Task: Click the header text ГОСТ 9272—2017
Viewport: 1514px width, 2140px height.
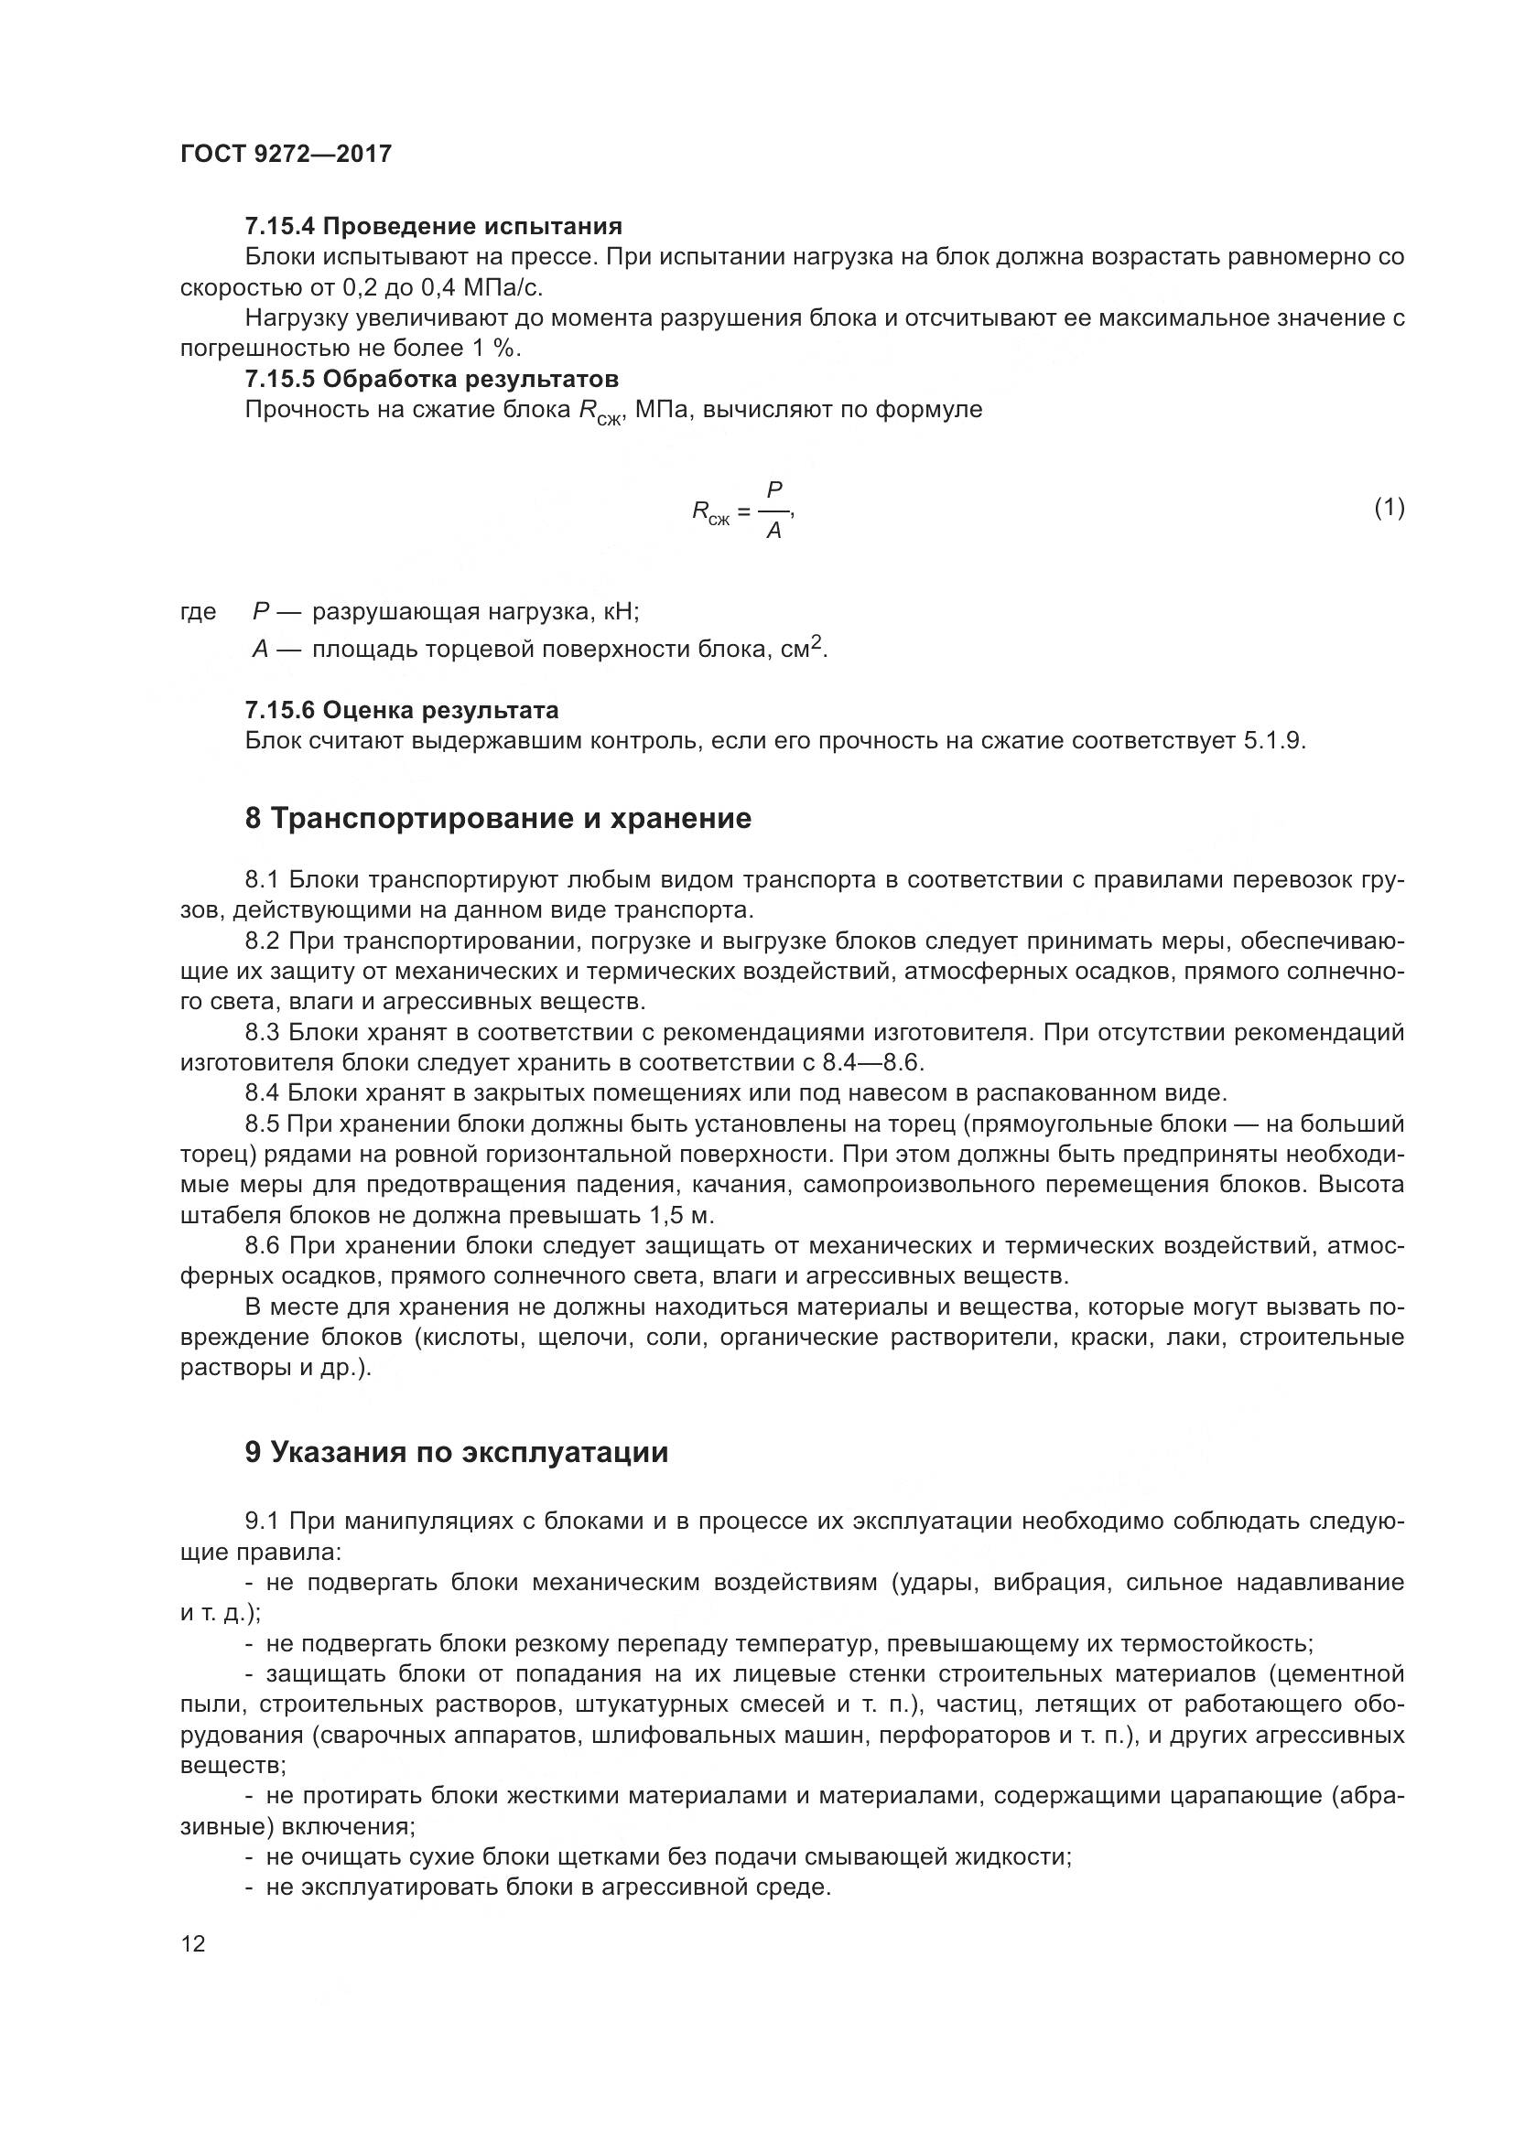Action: pyautogui.click(x=286, y=154)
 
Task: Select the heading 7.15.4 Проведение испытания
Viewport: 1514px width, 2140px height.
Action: pyautogui.click(x=434, y=226)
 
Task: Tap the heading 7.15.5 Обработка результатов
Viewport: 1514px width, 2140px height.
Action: pyautogui.click(x=432, y=379)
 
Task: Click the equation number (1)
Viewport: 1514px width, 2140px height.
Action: pyautogui.click(x=1390, y=508)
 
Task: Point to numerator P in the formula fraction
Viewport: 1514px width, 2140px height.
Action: pyautogui.click(x=773, y=489)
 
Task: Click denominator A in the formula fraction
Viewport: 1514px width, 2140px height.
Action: pyautogui.click(x=773, y=532)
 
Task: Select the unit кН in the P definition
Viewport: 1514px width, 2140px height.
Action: pyautogui.click(x=621, y=611)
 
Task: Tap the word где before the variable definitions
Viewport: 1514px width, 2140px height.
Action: pyautogui.click(x=198, y=611)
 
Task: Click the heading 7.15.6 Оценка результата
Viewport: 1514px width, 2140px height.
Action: pyautogui.click(x=402, y=709)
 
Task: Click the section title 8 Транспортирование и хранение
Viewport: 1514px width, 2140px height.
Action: pyautogui.click(x=498, y=818)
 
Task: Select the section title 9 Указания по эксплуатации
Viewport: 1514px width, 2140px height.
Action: pyautogui.click(x=457, y=1452)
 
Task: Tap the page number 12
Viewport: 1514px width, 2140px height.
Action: pyautogui.click(x=193, y=1943)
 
